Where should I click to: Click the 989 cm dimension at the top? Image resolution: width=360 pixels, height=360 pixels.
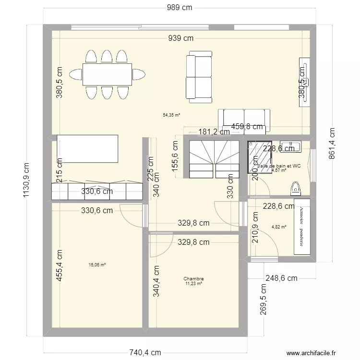click(x=180, y=7)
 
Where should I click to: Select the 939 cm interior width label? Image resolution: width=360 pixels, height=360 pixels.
click(x=180, y=38)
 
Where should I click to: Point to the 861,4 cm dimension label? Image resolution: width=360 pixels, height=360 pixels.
click(x=332, y=144)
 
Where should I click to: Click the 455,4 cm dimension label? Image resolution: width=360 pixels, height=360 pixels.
click(x=60, y=267)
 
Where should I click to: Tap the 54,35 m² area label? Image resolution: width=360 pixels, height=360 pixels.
click(x=172, y=115)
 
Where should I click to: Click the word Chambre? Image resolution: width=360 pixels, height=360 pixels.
click(x=193, y=278)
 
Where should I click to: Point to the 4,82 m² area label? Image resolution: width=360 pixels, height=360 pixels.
click(x=279, y=227)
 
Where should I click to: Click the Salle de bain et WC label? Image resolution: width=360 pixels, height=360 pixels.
click(x=279, y=166)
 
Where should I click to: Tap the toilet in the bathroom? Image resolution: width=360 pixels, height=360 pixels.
click(x=296, y=187)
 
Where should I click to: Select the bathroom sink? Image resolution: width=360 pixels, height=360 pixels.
click(x=290, y=145)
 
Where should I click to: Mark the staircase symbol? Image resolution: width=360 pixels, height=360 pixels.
click(x=214, y=158)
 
